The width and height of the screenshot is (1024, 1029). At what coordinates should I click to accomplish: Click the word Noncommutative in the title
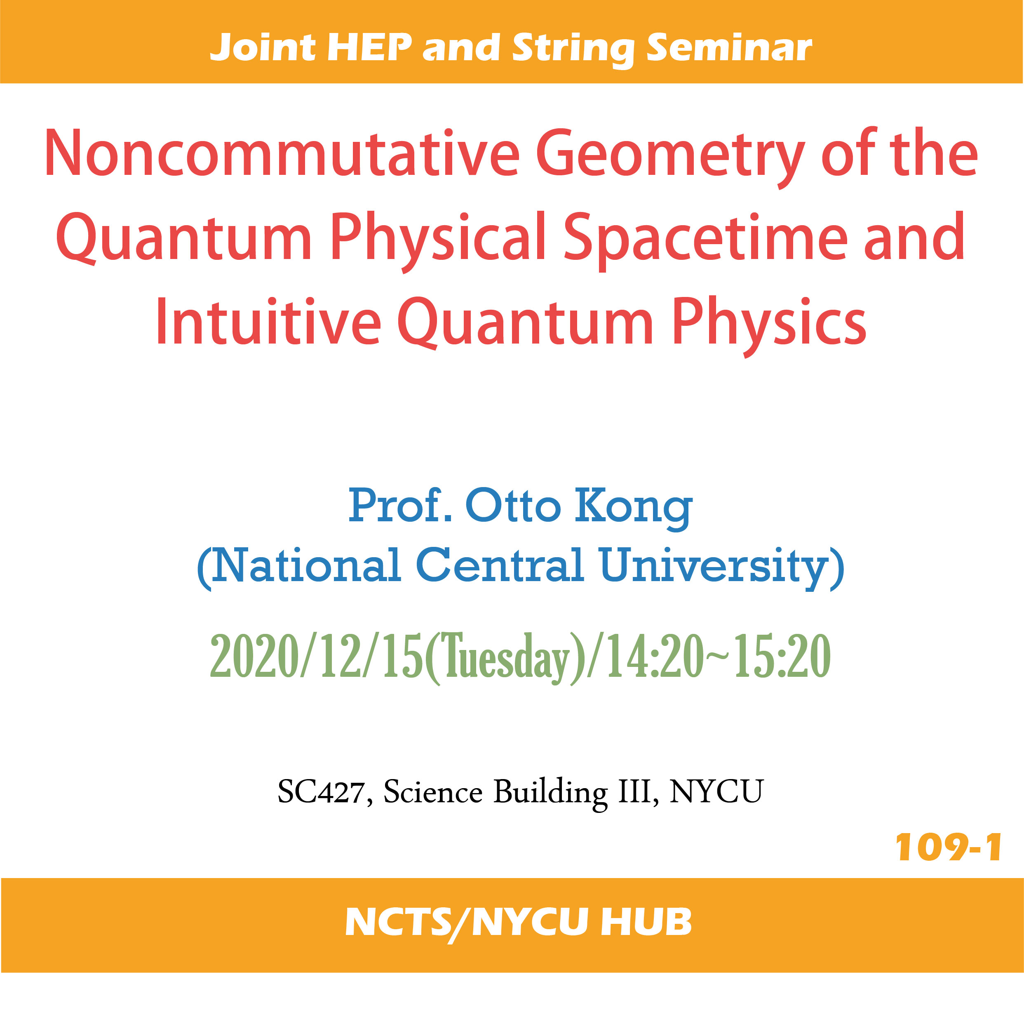pyautogui.click(x=282, y=153)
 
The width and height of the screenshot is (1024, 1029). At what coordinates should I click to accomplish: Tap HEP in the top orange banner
pyautogui.click(x=369, y=47)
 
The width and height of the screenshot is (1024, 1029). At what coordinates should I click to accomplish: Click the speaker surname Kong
pyautogui.click(x=633, y=509)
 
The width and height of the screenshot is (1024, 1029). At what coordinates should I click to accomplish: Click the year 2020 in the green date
pyautogui.click(x=254, y=656)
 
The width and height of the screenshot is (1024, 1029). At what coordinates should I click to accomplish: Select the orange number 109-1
pyautogui.click(x=948, y=848)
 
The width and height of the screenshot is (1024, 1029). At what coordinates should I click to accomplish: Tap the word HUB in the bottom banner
pyautogui.click(x=646, y=922)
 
